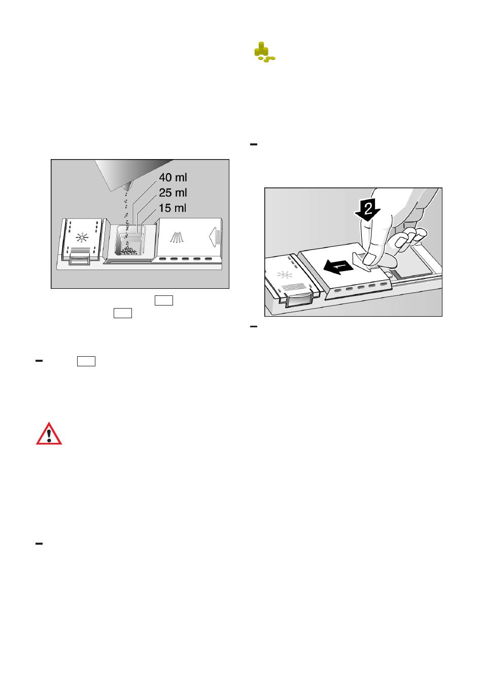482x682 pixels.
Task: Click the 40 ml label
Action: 173,177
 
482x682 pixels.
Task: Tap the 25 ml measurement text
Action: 173,193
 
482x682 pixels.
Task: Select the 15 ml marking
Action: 173,208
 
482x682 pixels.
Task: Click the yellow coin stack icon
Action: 264,52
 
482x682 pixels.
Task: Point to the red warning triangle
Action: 49,434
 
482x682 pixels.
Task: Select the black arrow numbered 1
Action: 338,267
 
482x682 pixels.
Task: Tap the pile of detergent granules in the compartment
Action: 127,251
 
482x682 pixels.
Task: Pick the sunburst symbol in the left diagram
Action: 81,237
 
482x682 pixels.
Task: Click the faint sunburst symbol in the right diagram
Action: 285,275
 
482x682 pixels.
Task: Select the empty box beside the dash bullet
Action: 86,361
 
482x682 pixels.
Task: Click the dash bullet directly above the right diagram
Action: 253,144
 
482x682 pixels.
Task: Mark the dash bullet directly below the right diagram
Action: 253,326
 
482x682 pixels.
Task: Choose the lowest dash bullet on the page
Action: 39,543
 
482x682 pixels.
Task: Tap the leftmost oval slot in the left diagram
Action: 163,259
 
